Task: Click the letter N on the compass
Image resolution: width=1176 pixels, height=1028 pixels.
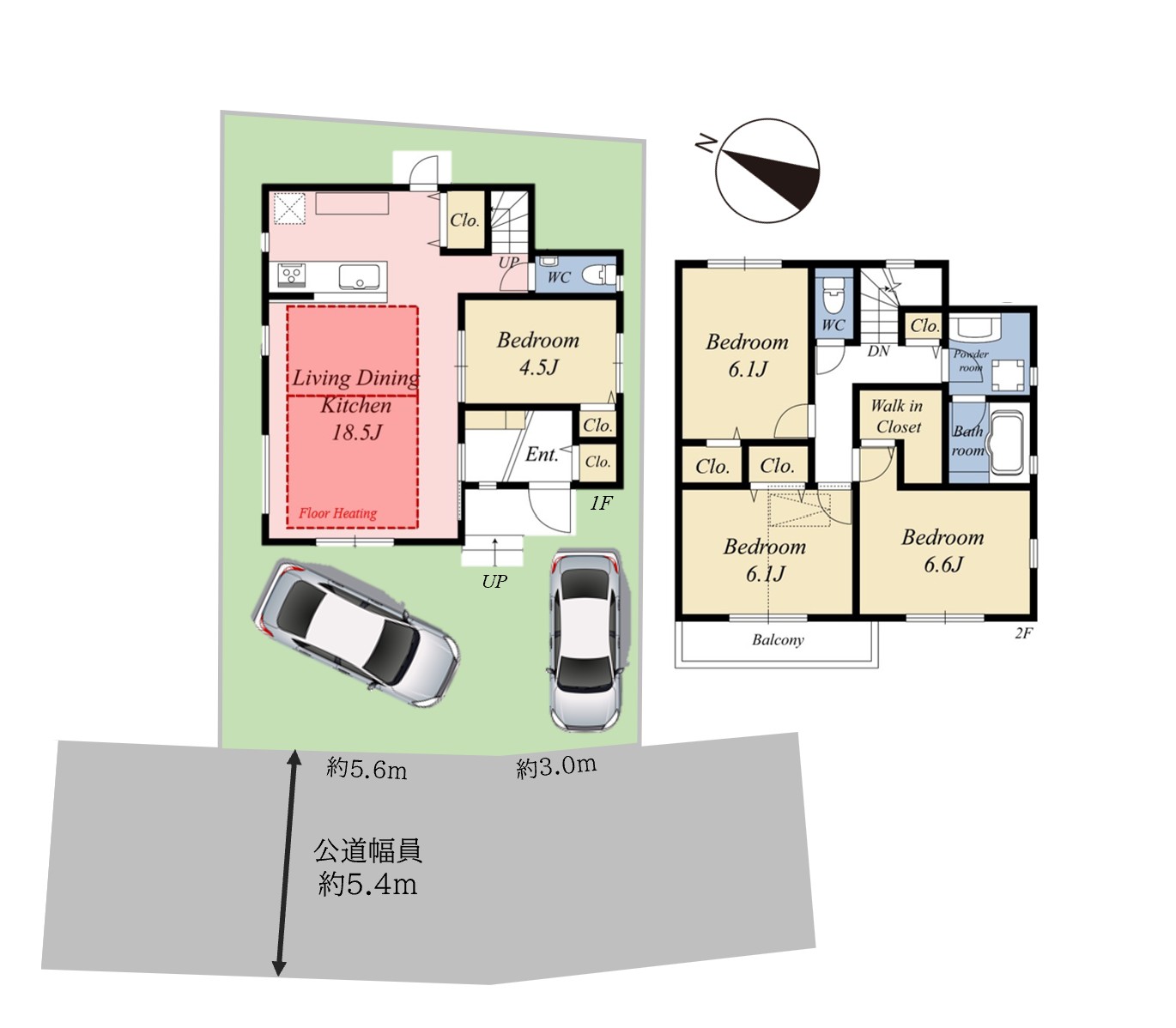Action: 706,142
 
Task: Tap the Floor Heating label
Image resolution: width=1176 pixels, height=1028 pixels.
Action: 337,513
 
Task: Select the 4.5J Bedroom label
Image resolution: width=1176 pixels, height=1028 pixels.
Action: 538,354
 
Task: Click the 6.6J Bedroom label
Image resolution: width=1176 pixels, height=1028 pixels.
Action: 943,551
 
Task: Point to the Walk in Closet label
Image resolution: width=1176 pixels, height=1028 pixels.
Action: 897,416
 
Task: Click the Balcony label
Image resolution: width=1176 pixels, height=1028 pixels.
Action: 778,639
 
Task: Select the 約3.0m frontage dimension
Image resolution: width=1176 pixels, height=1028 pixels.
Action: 556,766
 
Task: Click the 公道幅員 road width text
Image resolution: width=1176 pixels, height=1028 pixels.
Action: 368,850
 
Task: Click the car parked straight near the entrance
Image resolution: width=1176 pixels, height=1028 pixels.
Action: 585,641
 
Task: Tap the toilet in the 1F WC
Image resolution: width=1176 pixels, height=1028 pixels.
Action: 596,275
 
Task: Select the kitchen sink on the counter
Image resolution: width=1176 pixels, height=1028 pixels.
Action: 359,277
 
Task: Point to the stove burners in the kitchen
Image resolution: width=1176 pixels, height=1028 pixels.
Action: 292,274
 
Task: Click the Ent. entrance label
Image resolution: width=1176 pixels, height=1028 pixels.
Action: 542,455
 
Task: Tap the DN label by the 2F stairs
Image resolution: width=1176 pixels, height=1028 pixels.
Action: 878,350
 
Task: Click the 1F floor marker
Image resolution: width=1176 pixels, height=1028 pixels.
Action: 601,504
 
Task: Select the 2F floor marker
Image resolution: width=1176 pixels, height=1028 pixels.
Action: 1024,632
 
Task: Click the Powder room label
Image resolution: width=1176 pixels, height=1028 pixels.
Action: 971,360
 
